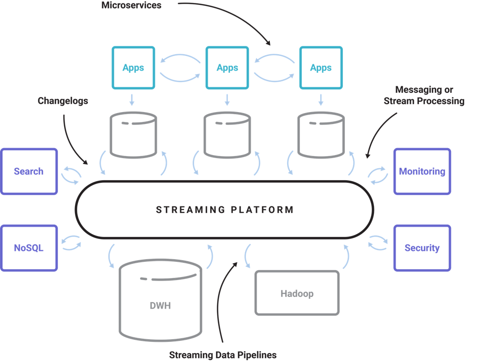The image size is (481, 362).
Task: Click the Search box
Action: [x=29, y=171]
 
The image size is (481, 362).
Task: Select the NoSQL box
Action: [x=29, y=248]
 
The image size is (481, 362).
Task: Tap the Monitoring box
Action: [x=422, y=171]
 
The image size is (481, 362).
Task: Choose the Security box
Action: [x=422, y=248]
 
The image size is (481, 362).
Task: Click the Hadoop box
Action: [x=297, y=293]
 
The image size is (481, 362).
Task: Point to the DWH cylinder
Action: [x=160, y=300]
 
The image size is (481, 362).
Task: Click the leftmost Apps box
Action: [x=133, y=68]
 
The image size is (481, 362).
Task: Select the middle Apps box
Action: [x=227, y=68]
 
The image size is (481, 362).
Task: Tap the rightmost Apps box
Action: [x=321, y=68]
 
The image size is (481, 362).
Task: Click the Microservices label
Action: [x=131, y=5]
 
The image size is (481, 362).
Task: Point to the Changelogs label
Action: [x=63, y=101]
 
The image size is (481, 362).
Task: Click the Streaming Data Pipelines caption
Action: [x=222, y=355]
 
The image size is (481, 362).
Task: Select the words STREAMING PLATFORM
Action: [x=225, y=210]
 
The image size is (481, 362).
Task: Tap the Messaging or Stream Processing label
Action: [x=424, y=95]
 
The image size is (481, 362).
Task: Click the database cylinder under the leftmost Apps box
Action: [x=133, y=135]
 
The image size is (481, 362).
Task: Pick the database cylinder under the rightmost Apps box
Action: [x=321, y=135]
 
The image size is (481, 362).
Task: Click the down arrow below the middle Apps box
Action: [x=227, y=100]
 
